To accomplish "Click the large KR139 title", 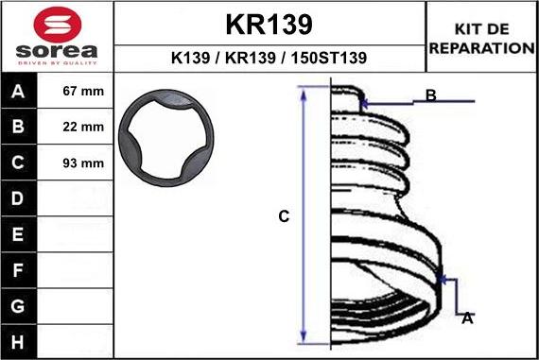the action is point(269,25).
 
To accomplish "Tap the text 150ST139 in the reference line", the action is point(329,58).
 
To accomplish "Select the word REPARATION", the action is point(482,48).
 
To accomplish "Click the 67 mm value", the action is point(83,91).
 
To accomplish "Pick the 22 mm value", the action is point(83,127).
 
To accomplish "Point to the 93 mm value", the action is point(83,163).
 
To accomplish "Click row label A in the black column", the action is point(18,92).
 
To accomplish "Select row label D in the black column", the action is point(18,198).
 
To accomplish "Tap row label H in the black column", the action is point(18,342).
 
